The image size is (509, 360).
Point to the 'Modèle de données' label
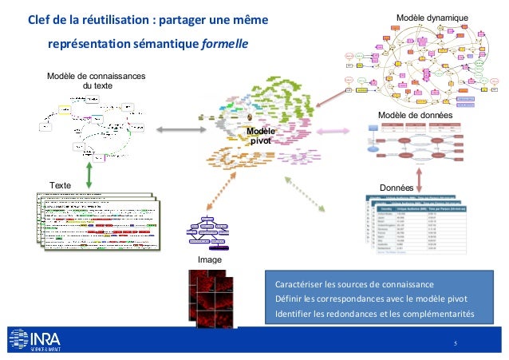415,116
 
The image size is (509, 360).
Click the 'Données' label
396,188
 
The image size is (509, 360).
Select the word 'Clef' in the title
40,18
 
